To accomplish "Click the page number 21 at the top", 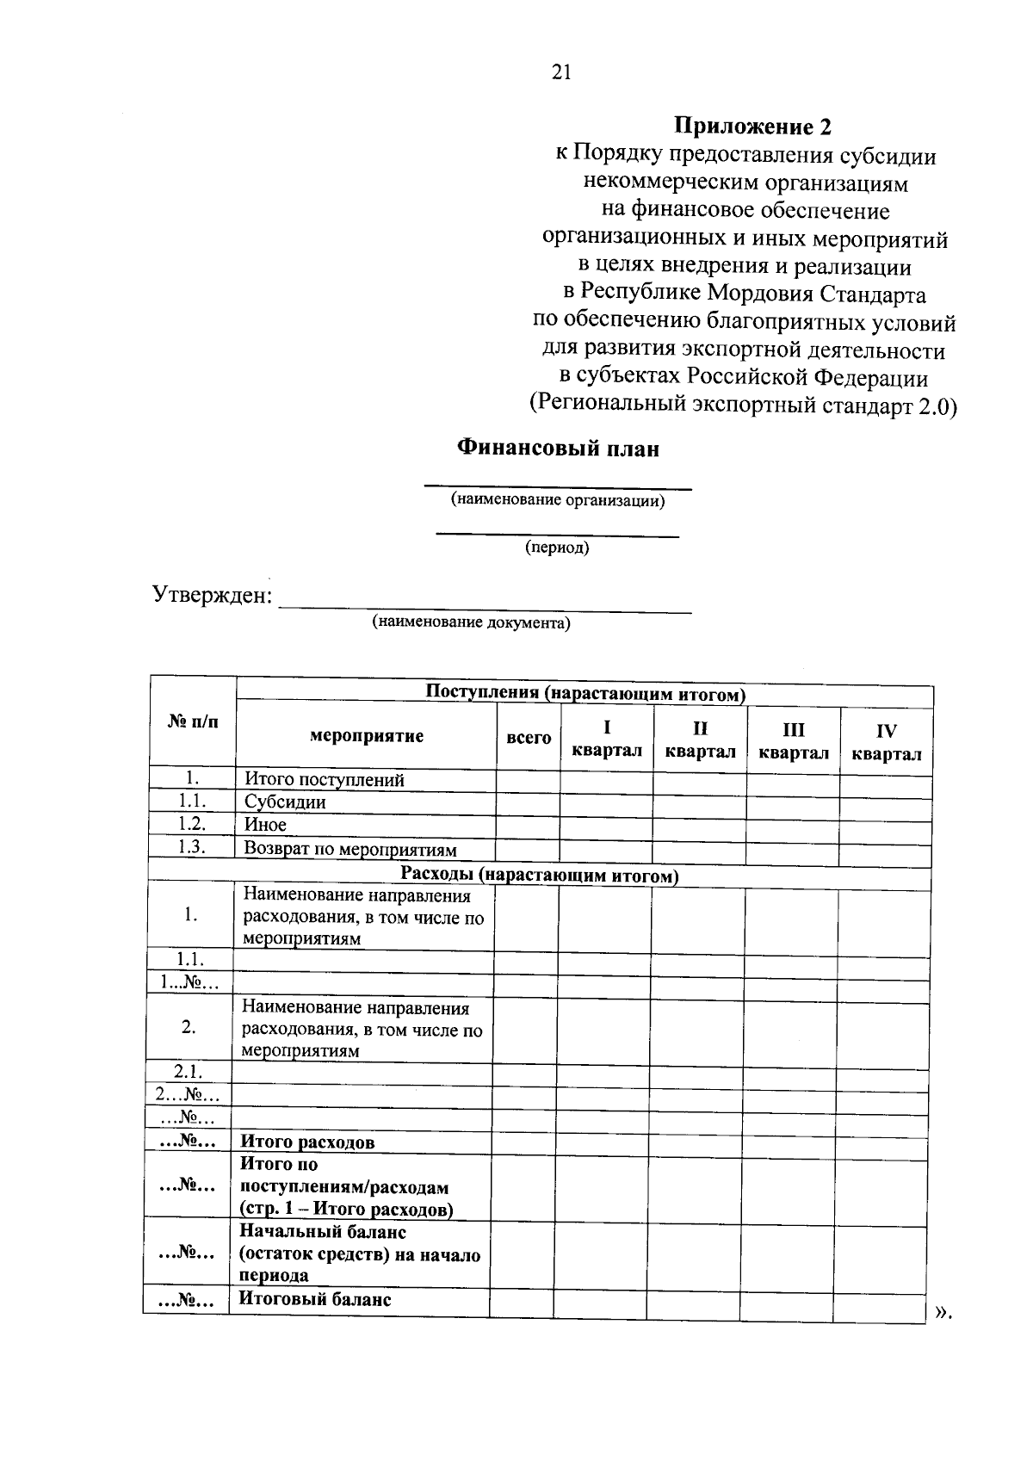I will (560, 72).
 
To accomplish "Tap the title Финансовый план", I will (558, 449).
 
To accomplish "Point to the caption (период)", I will (557, 548).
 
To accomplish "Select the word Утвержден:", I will (212, 595).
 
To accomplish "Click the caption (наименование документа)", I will (471, 622).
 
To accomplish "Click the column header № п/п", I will (192, 721).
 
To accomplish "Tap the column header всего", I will (529, 737).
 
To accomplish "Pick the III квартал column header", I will (793, 741).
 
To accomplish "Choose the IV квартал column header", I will (886, 742).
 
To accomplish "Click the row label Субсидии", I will (285, 802).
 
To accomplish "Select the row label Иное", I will (265, 824).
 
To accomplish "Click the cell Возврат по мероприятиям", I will (350, 849).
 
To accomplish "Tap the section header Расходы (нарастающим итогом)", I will (540, 875).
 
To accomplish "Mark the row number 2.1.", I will (188, 1072).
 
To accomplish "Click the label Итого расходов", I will (306, 1142).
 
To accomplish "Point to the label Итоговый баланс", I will (314, 1299).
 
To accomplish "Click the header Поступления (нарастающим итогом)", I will (585, 692).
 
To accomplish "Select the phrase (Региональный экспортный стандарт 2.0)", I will (742, 405).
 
